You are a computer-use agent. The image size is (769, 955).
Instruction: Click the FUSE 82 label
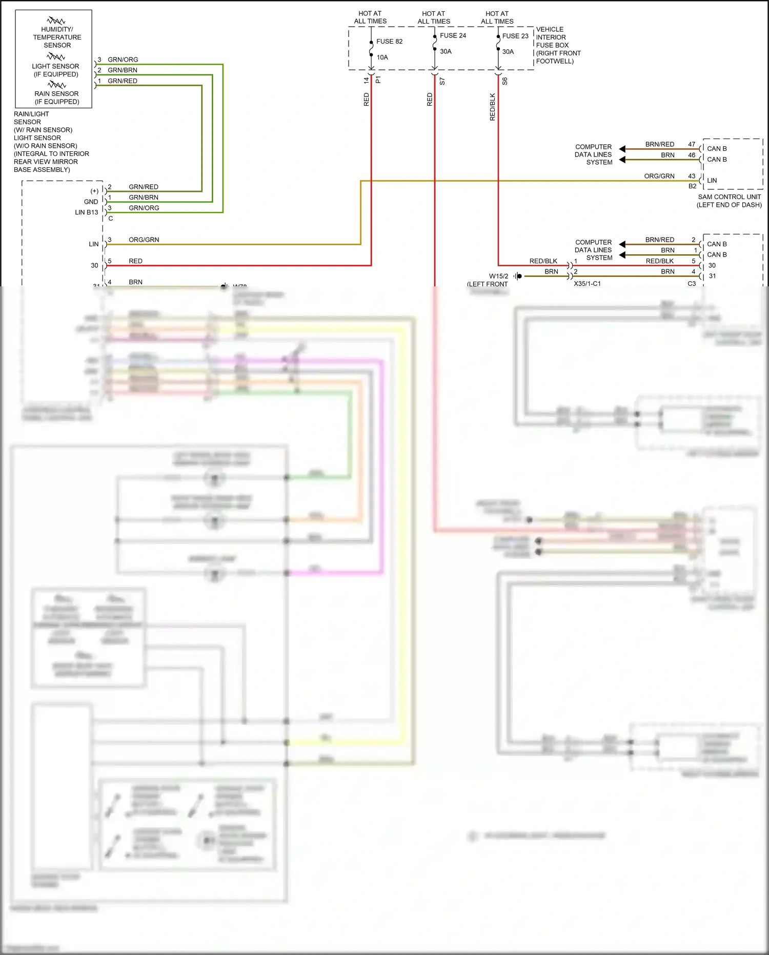[x=389, y=42]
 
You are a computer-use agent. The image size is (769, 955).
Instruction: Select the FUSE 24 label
[x=453, y=35]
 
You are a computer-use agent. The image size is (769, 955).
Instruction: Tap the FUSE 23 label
[x=515, y=36]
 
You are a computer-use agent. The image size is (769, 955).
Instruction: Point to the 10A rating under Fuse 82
[x=382, y=57]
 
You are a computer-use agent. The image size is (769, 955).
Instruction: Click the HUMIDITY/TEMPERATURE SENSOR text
[x=57, y=37]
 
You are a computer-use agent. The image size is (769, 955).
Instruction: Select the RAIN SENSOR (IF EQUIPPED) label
[x=56, y=98]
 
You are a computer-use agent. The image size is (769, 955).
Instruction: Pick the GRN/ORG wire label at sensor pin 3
[x=123, y=60]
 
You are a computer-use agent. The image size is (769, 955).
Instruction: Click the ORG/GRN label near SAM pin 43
[x=659, y=176]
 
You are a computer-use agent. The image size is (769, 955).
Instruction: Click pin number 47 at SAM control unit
[x=692, y=144]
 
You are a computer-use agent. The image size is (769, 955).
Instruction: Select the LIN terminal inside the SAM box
[x=712, y=181]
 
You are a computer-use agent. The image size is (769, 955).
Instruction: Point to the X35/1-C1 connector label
[x=587, y=284]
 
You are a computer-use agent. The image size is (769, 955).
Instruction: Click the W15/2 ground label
[x=498, y=276]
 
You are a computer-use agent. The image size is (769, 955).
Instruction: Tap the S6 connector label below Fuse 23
[x=505, y=81]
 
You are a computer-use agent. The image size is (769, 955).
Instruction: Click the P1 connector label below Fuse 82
[x=378, y=80]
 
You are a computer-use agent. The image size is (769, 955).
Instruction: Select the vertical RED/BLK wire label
[x=493, y=107]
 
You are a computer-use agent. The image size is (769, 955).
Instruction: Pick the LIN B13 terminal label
[x=86, y=212]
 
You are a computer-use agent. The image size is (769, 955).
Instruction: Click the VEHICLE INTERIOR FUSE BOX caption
[x=558, y=45]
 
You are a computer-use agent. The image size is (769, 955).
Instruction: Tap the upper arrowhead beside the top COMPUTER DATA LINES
[x=622, y=149]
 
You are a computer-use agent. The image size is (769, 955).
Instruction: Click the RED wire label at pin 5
[x=135, y=261]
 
